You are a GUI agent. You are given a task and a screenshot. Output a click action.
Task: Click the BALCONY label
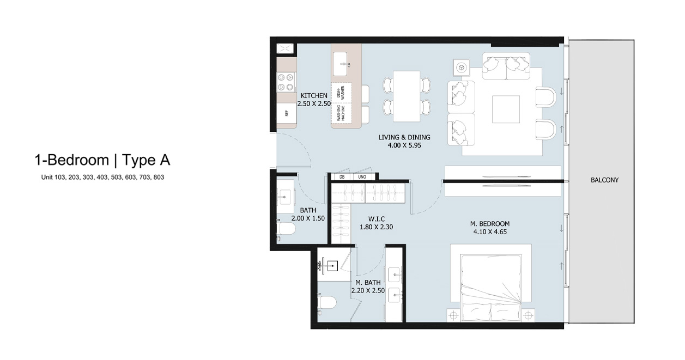(604, 180)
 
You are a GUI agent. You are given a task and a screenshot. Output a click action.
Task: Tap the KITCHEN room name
(314, 96)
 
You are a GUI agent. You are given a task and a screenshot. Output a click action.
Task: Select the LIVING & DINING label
(404, 138)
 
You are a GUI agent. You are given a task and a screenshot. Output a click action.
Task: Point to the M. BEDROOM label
(490, 224)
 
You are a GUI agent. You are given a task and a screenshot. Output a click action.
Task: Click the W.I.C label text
(377, 219)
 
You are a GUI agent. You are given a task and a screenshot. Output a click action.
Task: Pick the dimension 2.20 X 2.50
(368, 291)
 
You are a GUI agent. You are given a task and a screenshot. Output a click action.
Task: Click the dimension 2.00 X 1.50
(308, 218)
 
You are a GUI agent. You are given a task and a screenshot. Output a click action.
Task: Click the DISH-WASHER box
(341, 92)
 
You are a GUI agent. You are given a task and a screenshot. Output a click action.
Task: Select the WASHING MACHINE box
(341, 113)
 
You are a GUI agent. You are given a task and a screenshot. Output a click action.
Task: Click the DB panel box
(342, 177)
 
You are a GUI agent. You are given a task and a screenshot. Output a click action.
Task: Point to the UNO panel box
(364, 177)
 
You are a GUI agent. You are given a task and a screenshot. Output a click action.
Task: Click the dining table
(407, 96)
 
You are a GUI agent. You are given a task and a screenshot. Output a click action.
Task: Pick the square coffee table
(506, 109)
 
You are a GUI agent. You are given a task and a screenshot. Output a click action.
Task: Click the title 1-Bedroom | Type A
(102, 160)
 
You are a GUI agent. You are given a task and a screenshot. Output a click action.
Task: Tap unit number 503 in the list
(117, 177)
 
